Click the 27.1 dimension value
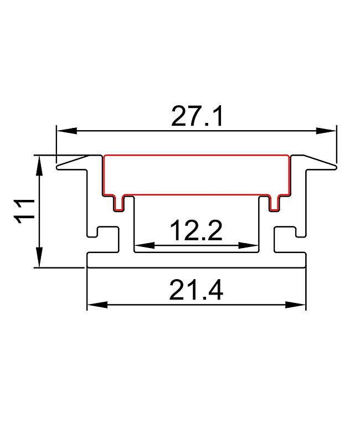pos(197,116)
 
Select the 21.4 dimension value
pos(196,290)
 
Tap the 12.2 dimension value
pos(196,230)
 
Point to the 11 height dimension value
pos(24,211)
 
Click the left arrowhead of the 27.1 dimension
pos(66,131)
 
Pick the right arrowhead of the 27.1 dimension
pos(326,131)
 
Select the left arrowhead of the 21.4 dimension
pos(97,305)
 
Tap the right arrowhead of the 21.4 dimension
pos(295,305)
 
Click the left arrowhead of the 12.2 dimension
pos(145,245)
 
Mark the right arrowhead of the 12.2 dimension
pos(248,245)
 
